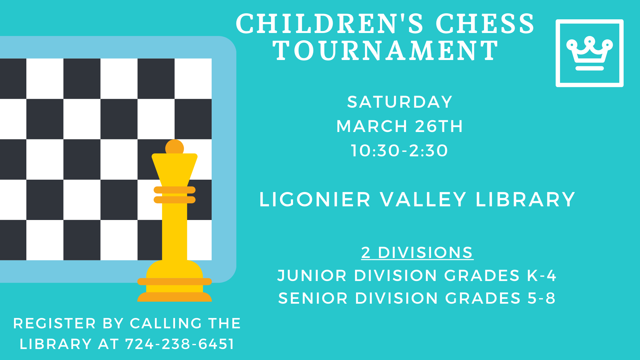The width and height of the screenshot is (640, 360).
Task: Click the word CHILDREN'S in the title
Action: point(329,24)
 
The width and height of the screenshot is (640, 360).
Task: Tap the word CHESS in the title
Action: point(485,24)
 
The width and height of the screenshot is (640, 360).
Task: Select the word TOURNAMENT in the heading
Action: point(386,51)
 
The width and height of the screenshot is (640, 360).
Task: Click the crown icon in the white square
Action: point(589,53)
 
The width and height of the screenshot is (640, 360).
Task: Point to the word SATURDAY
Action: point(400,102)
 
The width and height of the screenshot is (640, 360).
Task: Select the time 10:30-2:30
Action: point(399,151)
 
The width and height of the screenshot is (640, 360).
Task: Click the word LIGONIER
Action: point(315,200)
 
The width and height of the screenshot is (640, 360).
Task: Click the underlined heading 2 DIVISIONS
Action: point(417,253)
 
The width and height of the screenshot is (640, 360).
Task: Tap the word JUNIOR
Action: point(312,276)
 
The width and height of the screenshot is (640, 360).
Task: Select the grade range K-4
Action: point(542,276)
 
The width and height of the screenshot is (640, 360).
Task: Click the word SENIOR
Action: point(313,298)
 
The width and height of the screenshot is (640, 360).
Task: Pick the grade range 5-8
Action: point(541,298)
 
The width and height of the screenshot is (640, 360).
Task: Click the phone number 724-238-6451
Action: point(180,344)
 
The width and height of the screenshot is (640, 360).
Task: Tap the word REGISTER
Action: point(55,323)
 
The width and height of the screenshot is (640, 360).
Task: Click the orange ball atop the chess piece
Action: point(175,147)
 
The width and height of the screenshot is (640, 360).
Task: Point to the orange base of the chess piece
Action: point(175,297)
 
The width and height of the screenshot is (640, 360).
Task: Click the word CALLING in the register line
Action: point(166,323)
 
